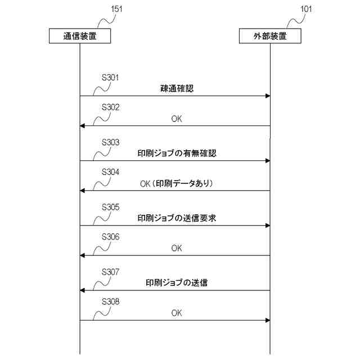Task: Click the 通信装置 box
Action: tap(79, 36)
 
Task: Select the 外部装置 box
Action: tap(270, 36)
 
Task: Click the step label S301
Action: tap(110, 78)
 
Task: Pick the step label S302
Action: tap(110, 107)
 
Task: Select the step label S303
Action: tap(110, 142)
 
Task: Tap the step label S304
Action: tap(110, 172)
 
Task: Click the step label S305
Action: tap(110, 207)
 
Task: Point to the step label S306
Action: tap(110, 237)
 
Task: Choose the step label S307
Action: tap(110, 272)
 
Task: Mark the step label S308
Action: tap(110, 301)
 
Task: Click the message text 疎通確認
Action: tap(177, 88)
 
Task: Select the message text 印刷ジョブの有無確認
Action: tap(177, 153)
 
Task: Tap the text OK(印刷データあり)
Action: tap(177, 183)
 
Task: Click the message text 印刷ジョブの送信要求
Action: tap(177, 218)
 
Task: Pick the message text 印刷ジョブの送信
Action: tap(177, 282)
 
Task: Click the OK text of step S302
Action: tap(177, 118)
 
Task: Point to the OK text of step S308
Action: tap(177, 313)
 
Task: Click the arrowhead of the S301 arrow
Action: tap(267, 96)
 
